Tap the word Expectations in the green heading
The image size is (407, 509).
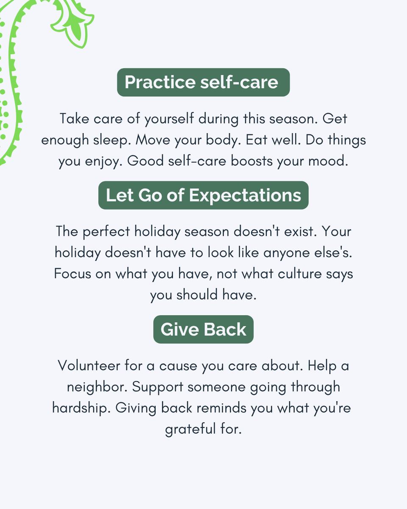(x=245, y=196)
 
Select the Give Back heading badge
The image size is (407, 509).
(x=203, y=330)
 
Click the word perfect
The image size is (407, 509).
(x=108, y=232)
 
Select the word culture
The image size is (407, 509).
(x=300, y=274)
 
